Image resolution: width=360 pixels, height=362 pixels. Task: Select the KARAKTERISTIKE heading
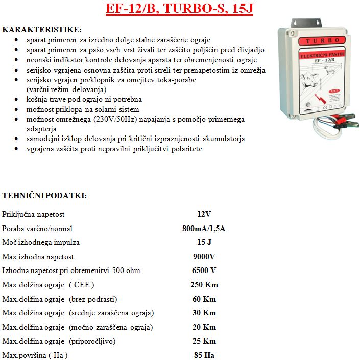point(42,30)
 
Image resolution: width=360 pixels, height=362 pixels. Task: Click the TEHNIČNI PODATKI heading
point(44,196)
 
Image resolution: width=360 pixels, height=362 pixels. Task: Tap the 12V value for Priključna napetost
point(204,214)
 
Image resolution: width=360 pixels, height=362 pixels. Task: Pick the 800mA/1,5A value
point(204,228)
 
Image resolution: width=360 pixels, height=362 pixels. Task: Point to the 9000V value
point(204,256)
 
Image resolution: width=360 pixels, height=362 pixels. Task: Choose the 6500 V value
point(204,270)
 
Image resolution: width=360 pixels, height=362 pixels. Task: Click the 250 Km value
point(204,284)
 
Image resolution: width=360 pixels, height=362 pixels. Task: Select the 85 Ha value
point(204,355)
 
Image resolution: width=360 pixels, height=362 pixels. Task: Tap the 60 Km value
point(204,299)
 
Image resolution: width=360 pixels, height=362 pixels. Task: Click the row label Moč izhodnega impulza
point(41,242)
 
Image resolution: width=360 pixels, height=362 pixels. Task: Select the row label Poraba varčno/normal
point(37,228)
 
